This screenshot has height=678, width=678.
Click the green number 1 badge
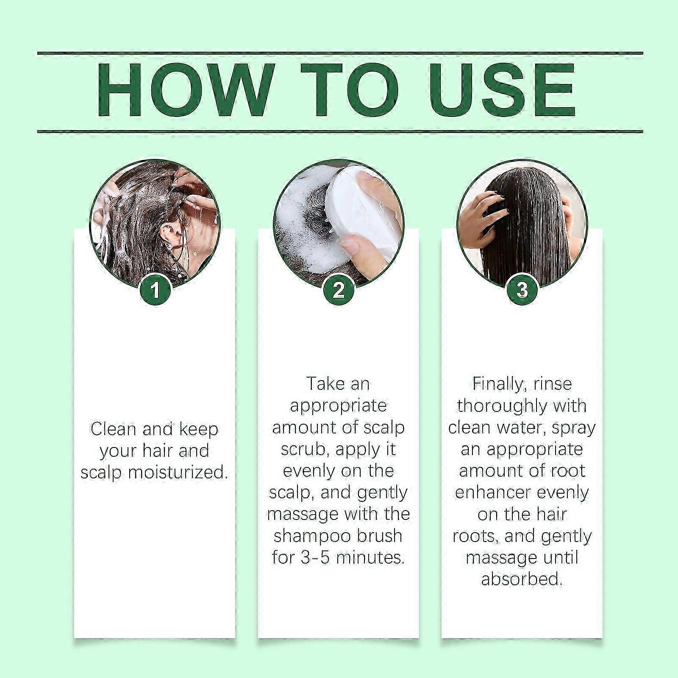[x=155, y=290]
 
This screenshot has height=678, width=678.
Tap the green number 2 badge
[x=339, y=290]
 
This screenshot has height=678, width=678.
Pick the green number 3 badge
[x=522, y=290]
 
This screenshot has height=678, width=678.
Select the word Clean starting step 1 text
[x=113, y=429]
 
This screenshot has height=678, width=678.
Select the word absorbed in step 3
[x=522, y=579]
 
